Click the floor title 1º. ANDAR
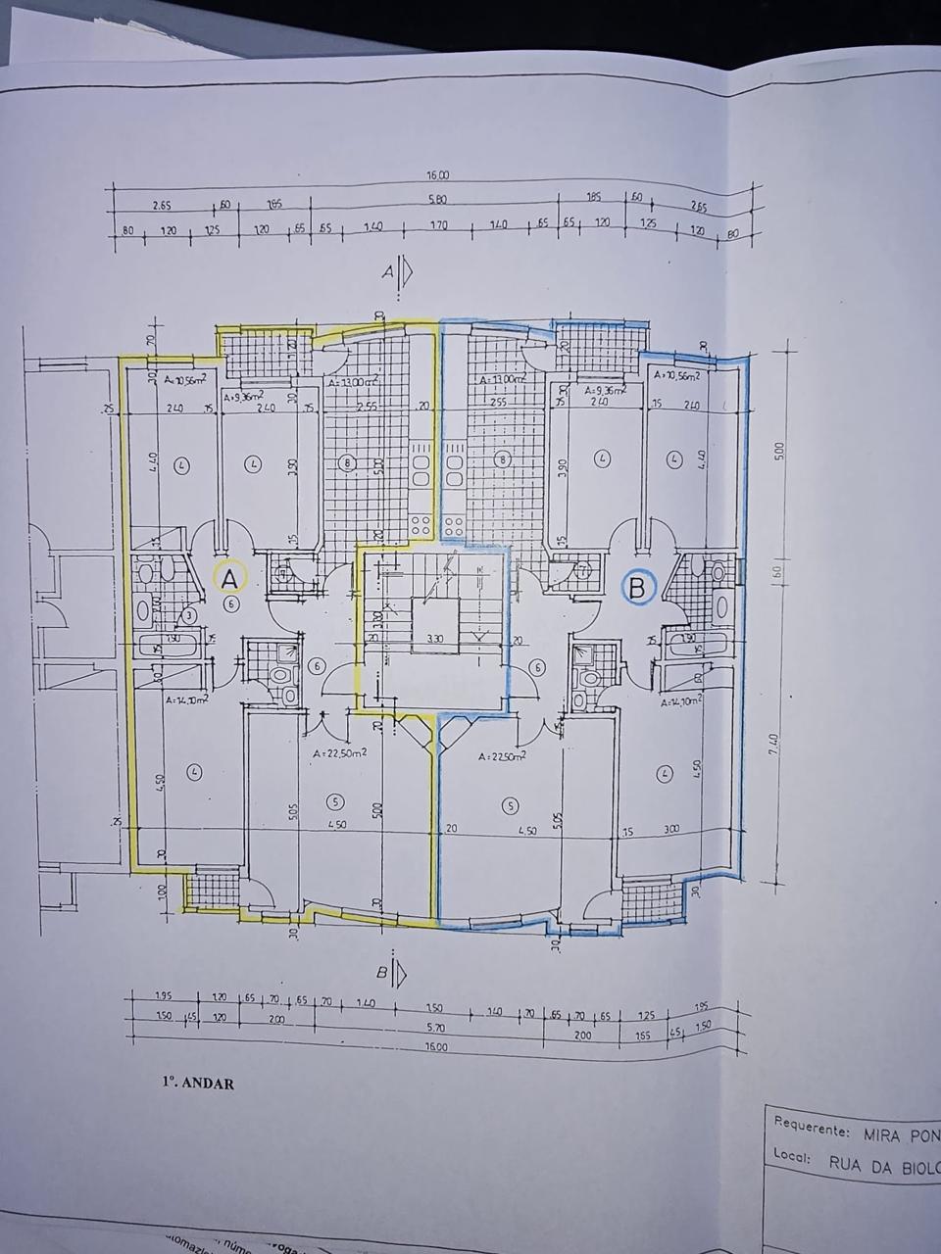[198, 1084]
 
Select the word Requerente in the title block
[811, 1128]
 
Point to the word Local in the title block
[790, 1156]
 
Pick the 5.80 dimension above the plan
[437, 200]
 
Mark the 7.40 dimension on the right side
[775, 750]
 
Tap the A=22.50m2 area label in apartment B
[501, 756]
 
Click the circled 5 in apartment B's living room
[510, 805]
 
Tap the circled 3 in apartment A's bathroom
[189, 614]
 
